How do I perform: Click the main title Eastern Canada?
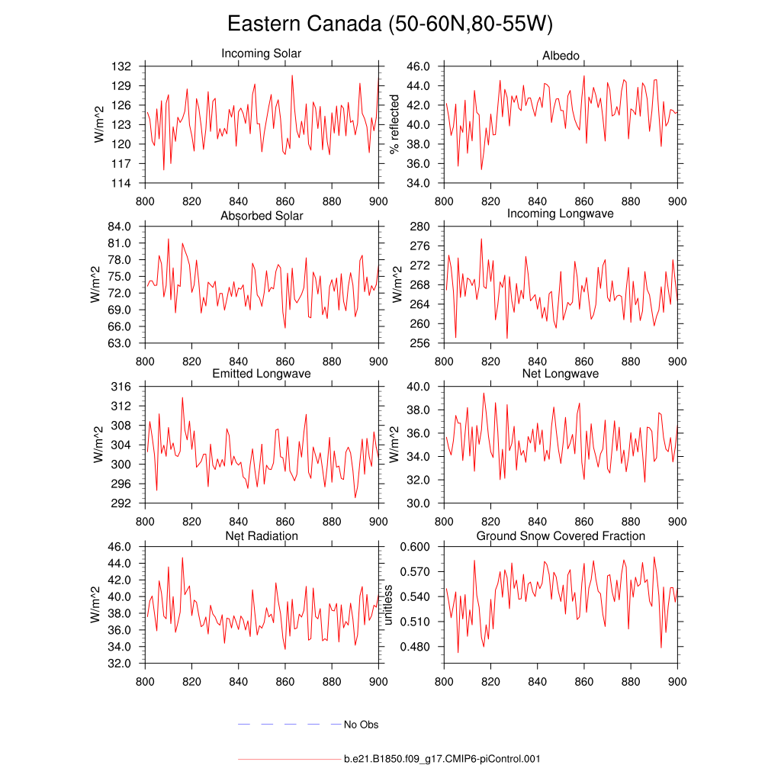pyautogui.click(x=390, y=24)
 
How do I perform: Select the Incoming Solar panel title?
pyautogui.click(x=261, y=53)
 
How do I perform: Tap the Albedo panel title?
pyautogui.click(x=561, y=56)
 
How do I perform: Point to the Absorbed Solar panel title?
pyautogui.click(x=262, y=216)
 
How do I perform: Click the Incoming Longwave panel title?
pyautogui.click(x=561, y=214)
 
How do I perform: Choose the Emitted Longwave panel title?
pyautogui.click(x=262, y=374)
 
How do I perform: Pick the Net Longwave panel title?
pyautogui.click(x=561, y=374)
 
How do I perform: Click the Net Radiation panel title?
pyautogui.click(x=262, y=536)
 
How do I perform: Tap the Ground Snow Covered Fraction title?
pyautogui.click(x=561, y=536)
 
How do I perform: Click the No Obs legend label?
pyautogui.click(x=361, y=725)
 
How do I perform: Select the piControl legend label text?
pyautogui.click(x=442, y=760)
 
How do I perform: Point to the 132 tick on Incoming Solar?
pyautogui.click(x=122, y=66)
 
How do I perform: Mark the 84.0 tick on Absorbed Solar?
pyautogui.click(x=121, y=227)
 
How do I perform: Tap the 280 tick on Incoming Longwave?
pyautogui.click(x=423, y=227)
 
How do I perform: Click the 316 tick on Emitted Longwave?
pyautogui.click(x=122, y=387)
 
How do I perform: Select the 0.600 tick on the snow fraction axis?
pyautogui.click(x=417, y=547)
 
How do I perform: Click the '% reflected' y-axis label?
pyautogui.click(x=395, y=124)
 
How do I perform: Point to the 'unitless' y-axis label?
pyautogui.click(x=388, y=605)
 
